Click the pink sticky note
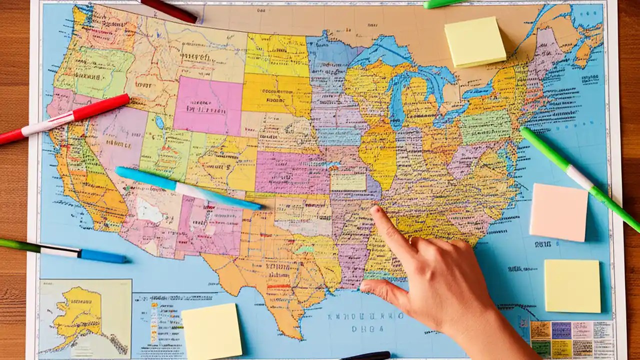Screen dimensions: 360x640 [x=558, y=212]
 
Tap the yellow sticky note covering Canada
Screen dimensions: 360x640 [x=474, y=41]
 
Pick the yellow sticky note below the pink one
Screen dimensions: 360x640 [x=572, y=285]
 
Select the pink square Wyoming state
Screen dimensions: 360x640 [x=207, y=105]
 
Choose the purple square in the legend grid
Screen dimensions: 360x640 [x=561, y=330]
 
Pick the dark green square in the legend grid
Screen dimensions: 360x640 [x=540, y=348]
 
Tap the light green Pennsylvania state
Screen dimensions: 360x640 [x=485, y=126]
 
